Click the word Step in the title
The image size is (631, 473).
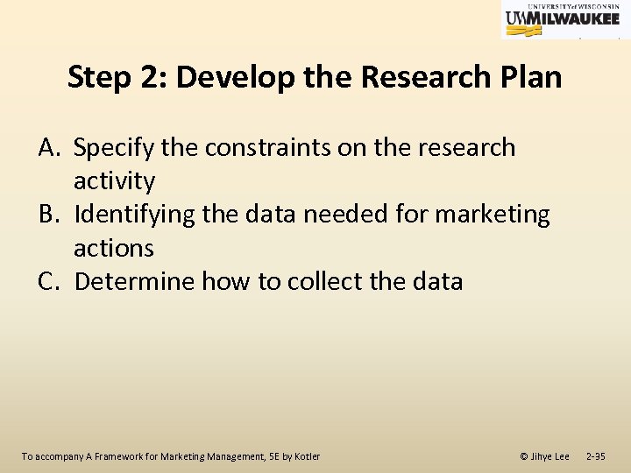pos(99,78)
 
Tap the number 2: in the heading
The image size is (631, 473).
pos(153,78)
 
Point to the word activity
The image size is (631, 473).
pos(114,181)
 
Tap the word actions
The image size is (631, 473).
pos(113,248)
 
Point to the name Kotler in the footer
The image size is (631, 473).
pos(306,456)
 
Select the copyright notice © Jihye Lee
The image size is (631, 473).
pos(544,456)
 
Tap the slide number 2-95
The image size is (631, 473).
pos(595,456)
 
